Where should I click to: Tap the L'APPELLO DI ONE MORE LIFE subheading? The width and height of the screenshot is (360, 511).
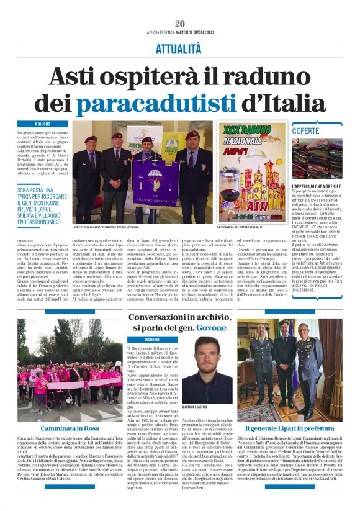click(x=316, y=186)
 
